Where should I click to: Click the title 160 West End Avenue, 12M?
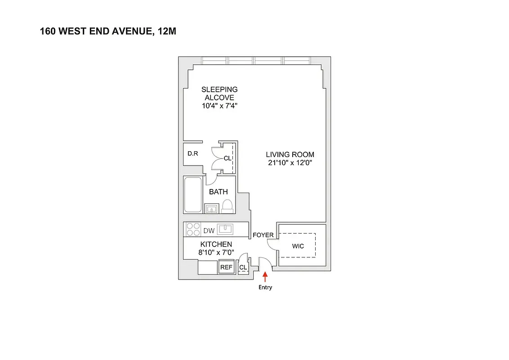[x=111, y=31]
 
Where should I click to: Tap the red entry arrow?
[x=265, y=276]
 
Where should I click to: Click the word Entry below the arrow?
[x=265, y=288]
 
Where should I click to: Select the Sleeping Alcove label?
[x=219, y=93]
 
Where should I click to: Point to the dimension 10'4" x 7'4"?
[x=219, y=106]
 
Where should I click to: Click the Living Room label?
[x=290, y=154]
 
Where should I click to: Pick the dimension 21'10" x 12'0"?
[x=290, y=163]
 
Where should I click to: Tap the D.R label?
[x=193, y=153]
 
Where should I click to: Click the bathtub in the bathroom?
[x=193, y=195]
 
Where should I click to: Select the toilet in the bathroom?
[x=228, y=206]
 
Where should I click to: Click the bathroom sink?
[x=212, y=208]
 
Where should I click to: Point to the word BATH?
[x=219, y=192]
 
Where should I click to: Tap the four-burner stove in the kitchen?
[x=193, y=230]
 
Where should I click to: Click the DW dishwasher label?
[x=209, y=231]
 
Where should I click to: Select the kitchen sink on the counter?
[x=224, y=229]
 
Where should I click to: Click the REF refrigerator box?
[x=226, y=267]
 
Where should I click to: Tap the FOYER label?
[x=263, y=235]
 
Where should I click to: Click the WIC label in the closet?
[x=298, y=246]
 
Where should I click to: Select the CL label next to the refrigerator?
[x=243, y=267]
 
